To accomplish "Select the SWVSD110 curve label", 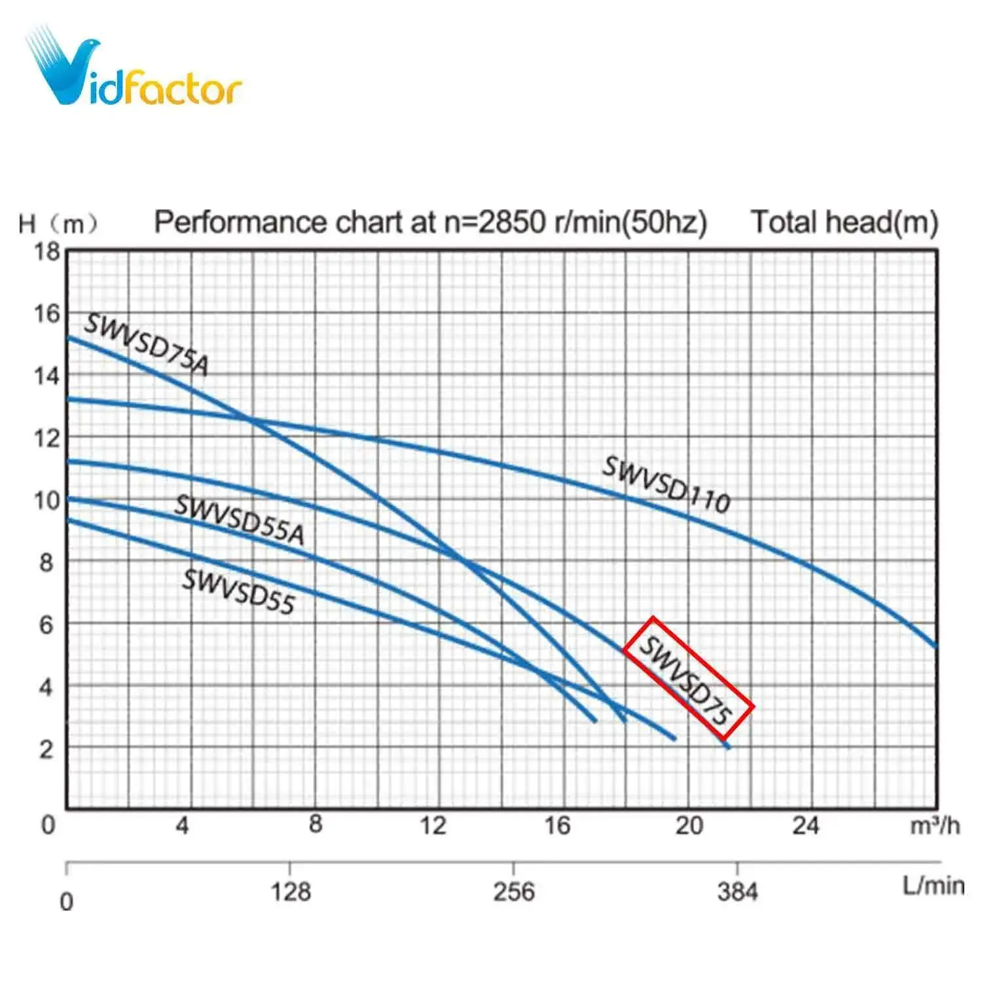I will coord(666,485).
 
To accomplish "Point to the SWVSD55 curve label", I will coord(238,592).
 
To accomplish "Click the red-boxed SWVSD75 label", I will coord(687,678).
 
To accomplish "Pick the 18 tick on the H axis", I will coord(47,251).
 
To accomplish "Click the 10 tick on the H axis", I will coord(47,501).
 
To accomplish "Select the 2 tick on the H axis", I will coord(46,749).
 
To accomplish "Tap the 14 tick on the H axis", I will coord(47,376).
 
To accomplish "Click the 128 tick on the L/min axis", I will coord(291,892).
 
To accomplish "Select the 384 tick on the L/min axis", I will coord(737,892).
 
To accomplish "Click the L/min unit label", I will coord(933,886).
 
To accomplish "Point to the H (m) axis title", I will coord(58,224).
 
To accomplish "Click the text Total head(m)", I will coord(844,222).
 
